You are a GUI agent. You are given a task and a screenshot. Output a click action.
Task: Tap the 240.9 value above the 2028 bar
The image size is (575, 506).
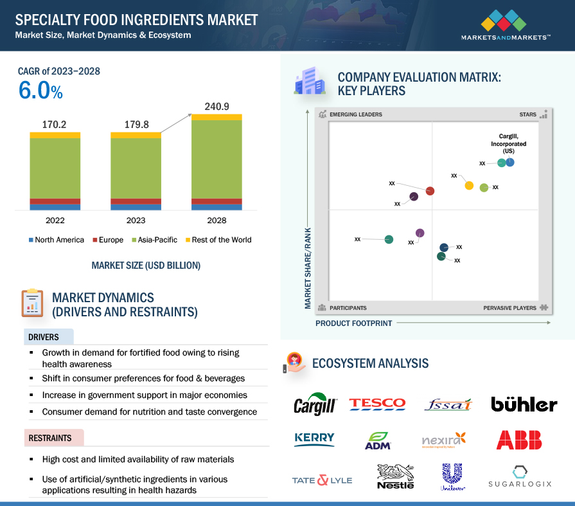pyautogui.click(x=217, y=106)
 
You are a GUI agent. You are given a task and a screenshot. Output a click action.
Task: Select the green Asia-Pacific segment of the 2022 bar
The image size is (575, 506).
pyautogui.click(x=55, y=168)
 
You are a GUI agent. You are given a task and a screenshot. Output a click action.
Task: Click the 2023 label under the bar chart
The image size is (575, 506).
pyautogui.click(x=136, y=221)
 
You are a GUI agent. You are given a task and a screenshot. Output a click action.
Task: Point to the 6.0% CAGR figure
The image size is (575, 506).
pyautogui.click(x=40, y=91)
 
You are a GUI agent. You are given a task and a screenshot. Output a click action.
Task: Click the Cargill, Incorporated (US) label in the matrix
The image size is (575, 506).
pyautogui.click(x=508, y=143)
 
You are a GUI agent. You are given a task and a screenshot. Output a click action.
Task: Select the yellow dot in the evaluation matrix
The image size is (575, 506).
pyautogui.click(x=469, y=186)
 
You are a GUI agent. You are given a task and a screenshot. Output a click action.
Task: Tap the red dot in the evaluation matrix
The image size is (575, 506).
pyautogui.click(x=430, y=191)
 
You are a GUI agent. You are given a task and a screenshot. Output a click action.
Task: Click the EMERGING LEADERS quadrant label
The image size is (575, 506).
pyautogui.click(x=355, y=114)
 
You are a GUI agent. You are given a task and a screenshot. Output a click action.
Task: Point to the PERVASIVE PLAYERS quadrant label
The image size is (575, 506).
pyautogui.click(x=509, y=308)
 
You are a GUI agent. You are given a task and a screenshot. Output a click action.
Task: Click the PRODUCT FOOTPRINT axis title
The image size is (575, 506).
pyautogui.click(x=353, y=323)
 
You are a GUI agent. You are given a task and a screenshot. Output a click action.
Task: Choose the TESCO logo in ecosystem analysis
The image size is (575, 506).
pyautogui.click(x=377, y=404)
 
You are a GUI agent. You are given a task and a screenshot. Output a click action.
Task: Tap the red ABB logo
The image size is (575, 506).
pyautogui.click(x=519, y=440)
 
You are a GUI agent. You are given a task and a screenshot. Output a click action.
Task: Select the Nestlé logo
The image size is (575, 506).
pyautogui.click(x=394, y=476)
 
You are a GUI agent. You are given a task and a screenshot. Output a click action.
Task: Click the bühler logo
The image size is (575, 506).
pyautogui.click(x=524, y=404)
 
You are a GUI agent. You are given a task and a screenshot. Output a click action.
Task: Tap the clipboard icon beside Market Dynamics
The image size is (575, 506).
pyautogui.click(x=31, y=302)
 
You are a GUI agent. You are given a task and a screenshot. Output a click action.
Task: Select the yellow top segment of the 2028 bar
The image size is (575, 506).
pyautogui.click(x=217, y=117)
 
